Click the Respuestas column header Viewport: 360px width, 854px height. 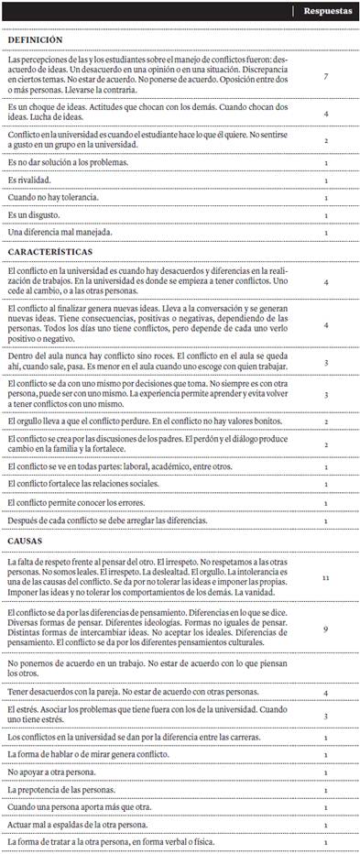(x=325, y=12)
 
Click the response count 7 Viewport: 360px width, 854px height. (x=326, y=77)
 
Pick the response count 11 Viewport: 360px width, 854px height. (x=326, y=578)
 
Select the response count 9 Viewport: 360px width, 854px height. (x=326, y=629)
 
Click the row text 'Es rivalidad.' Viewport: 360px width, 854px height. (x=29, y=180)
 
